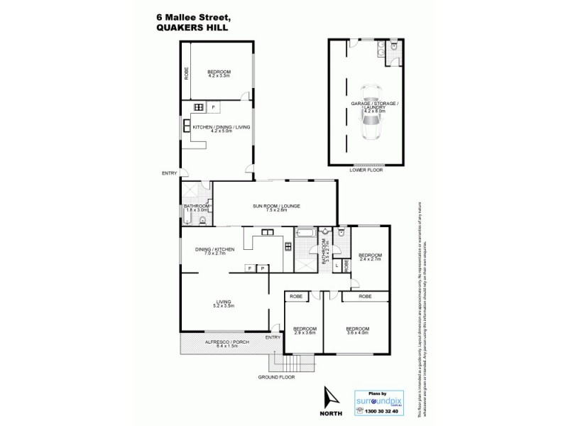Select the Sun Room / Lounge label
276,206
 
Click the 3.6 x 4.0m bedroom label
357,331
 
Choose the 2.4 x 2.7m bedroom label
370,257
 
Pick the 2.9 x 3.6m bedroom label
304,331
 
